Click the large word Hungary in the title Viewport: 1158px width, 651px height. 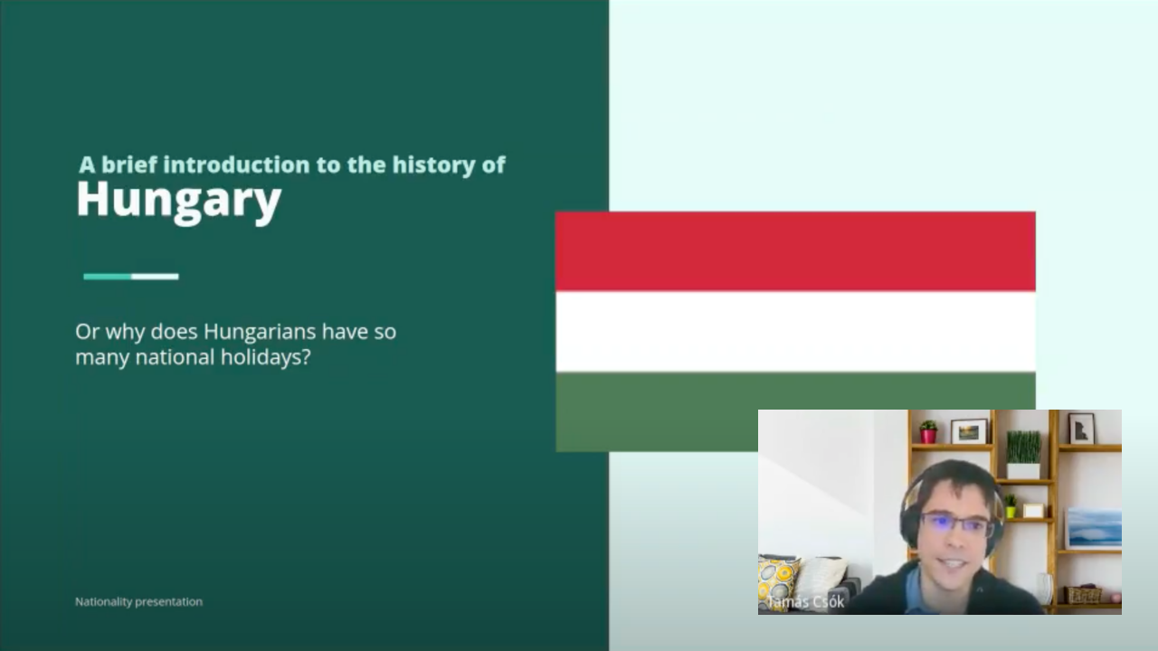[x=179, y=201]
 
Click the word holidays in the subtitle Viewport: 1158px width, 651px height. [x=265, y=357]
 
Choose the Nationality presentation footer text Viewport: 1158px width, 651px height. [x=138, y=602]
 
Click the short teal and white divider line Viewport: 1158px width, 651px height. [x=131, y=277]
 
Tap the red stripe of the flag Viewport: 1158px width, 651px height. [x=795, y=251]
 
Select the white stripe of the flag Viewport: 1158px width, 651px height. [x=795, y=332]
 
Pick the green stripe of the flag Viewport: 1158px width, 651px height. [x=657, y=411]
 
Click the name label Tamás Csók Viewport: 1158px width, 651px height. [x=805, y=602]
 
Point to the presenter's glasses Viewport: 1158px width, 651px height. [x=956, y=524]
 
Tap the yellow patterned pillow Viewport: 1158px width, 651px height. [x=777, y=581]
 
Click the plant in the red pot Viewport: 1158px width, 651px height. [x=928, y=432]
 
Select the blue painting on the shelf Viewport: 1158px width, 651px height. [x=1095, y=527]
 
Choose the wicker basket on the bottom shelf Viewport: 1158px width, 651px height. [x=1084, y=595]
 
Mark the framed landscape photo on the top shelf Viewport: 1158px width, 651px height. [x=969, y=431]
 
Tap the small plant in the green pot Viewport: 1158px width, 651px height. [x=1011, y=505]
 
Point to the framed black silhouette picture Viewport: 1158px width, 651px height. [x=1081, y=429]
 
